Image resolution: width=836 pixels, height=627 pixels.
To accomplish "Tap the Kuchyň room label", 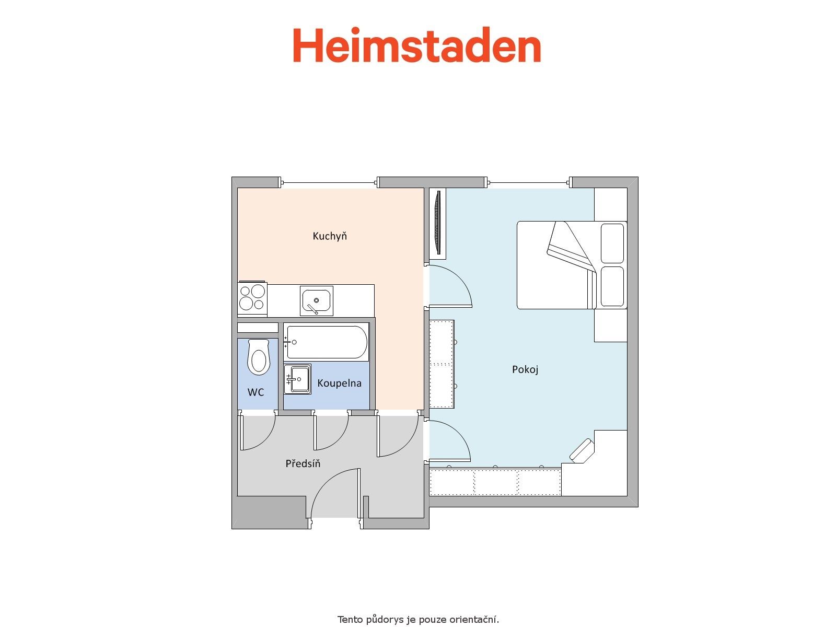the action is (330, 236).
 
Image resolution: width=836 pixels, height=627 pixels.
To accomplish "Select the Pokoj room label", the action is (525, 369).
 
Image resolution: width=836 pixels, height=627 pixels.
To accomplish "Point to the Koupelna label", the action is (339, 384).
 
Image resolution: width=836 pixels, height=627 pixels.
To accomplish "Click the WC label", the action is (256, 392).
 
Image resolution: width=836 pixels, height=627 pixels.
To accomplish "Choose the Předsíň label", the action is (303, 463).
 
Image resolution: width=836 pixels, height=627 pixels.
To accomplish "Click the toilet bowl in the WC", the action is (259, 357).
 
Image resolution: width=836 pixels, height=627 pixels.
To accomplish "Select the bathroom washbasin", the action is (297, 379).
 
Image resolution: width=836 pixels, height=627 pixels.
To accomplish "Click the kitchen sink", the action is (317, 301).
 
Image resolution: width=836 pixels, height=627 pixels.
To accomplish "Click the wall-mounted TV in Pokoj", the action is (438, 223).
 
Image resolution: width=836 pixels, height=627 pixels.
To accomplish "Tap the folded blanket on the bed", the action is (571, 247).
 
